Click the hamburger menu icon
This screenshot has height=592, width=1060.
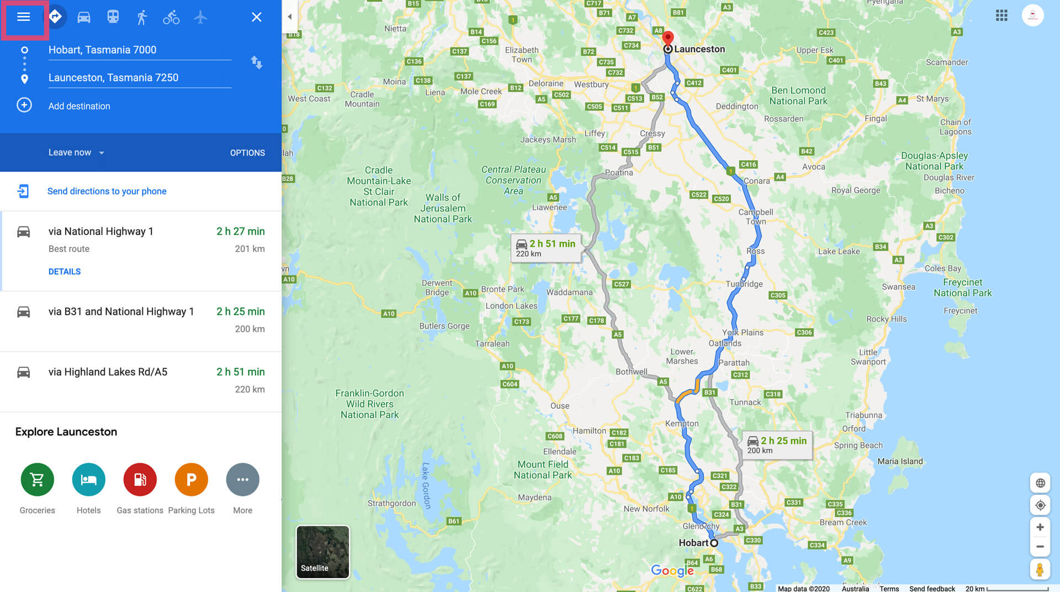[23, 17]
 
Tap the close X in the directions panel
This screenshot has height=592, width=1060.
[256, 17]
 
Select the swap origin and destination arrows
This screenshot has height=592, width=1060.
[256, 62]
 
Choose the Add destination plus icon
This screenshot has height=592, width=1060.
[24, 105]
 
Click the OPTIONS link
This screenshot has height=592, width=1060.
[247, 153]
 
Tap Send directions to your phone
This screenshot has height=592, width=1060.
[107, 191]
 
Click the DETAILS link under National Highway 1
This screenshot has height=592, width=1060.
[65, 272]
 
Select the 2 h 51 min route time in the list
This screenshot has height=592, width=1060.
[240, 372]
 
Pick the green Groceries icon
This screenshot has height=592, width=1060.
[37, 479]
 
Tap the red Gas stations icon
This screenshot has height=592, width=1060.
[140, 479]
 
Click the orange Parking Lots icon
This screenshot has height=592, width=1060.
[191, 479]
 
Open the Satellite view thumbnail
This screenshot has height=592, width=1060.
[323, 552]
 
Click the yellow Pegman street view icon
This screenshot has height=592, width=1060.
[1040, 569]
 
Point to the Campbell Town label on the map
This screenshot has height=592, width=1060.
[756, 216]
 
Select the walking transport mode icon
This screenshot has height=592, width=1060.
[142, 17]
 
